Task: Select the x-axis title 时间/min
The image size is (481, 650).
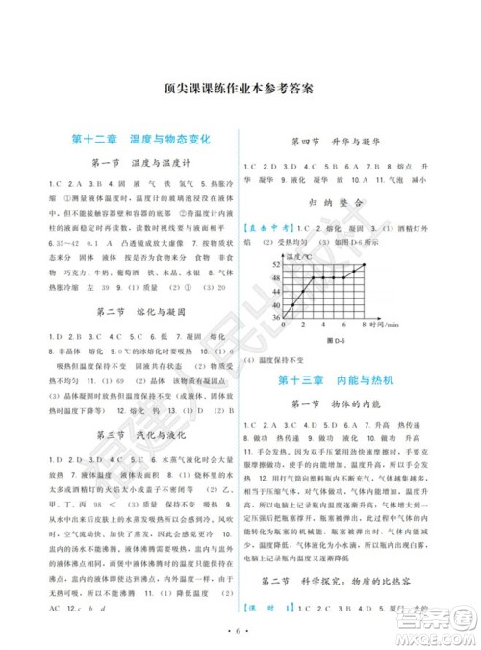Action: point(386,325)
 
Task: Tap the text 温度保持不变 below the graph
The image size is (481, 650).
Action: point(285,358)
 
